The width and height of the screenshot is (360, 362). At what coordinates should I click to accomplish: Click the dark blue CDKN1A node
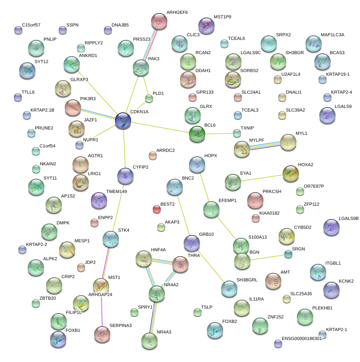point(123,121)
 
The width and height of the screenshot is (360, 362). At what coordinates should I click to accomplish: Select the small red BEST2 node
point(157,209)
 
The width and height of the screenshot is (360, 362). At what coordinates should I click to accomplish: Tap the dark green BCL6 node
point(197,134)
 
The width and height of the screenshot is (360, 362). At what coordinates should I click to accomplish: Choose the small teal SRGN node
point(288,254)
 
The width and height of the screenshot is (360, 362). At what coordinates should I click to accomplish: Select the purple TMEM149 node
point(99,200)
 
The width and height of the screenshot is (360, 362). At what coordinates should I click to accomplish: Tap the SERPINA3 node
point(102,334)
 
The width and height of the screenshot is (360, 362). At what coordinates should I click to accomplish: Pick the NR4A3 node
point(149,340)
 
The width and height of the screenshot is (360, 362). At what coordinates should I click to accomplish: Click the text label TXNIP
point(247,128)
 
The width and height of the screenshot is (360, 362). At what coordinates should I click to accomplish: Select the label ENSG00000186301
point(302,338)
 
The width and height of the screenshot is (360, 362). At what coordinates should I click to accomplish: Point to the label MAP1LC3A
point(332,35)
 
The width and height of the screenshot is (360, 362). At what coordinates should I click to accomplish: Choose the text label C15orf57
point(31,25)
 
